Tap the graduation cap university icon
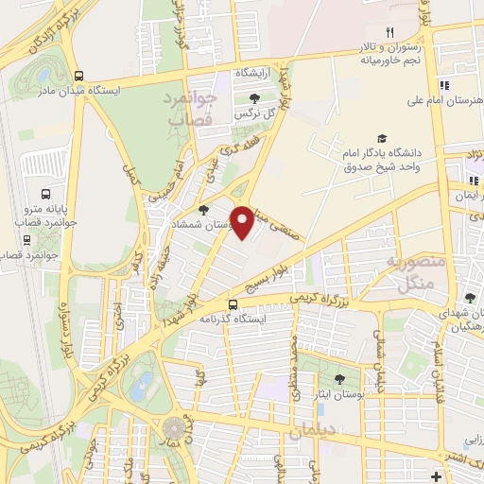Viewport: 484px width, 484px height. tap(382, 138)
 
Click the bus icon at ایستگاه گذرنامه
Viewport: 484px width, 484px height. tap(233, 304)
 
